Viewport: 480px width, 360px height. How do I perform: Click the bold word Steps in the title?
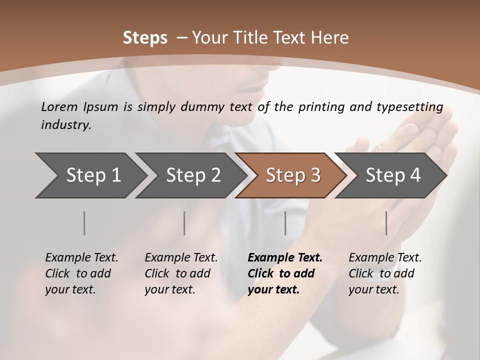coord(145,38)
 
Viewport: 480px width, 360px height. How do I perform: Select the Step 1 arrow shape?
coord(90,175)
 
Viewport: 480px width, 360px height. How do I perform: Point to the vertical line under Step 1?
coord(84,223)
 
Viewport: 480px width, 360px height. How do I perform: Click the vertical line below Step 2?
coord(184,223)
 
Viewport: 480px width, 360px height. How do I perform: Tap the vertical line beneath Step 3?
coord(285,223)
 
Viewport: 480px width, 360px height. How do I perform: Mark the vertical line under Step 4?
coord(386,223)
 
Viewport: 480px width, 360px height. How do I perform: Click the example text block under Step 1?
coord(81,273)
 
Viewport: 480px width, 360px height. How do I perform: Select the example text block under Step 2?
coord(181,273)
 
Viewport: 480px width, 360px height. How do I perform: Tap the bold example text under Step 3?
coord(285,273)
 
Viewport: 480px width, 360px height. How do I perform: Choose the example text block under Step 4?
coord(385,273)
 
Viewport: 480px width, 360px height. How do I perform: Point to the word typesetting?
coord(413,107)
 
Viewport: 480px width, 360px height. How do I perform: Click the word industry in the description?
coord(65,125)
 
